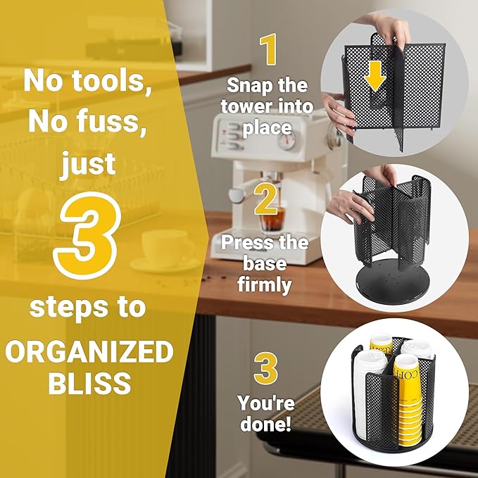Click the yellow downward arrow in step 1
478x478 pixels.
click(x=375, y=75)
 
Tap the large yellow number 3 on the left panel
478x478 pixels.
click(x=87, y=236)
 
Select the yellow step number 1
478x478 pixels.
click(x=268, y=50)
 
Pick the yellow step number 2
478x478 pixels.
click(x=266, y=199)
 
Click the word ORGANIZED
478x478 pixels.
click(x=89, y=351)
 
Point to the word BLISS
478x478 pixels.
click(x=89, y=382)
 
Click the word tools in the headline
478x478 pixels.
click(x=111, y=81)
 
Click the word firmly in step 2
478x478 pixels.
click(x=264, y=284)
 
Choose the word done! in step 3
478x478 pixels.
click(x=265, y=423)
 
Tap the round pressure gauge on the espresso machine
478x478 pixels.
click(x=287, y=141)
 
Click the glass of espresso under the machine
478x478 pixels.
click(x=272, y=218)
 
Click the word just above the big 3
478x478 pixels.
click(x=89, y=163)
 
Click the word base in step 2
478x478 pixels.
click(x=265, y=263)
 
